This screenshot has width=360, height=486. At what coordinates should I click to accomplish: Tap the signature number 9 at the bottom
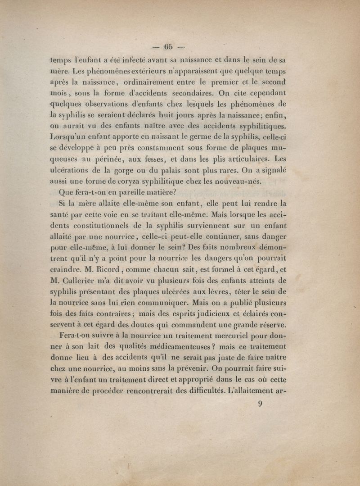260,404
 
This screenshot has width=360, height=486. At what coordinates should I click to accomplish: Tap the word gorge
128,170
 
